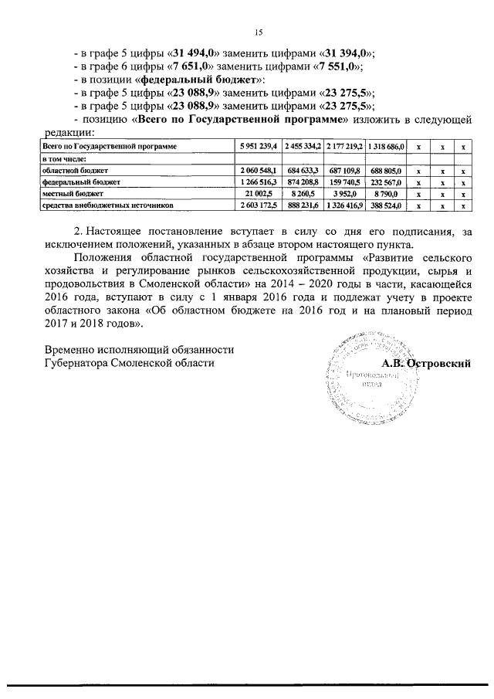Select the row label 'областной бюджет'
76,169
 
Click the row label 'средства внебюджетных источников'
107,205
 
